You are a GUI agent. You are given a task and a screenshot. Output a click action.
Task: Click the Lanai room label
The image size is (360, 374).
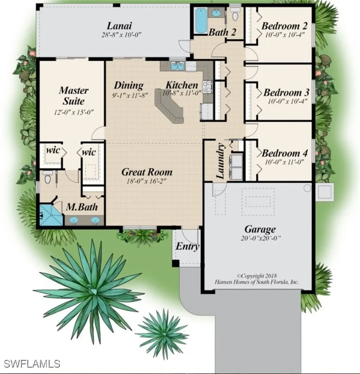click(119, 26)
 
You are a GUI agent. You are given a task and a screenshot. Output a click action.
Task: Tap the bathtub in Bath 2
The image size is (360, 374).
click(201, 21)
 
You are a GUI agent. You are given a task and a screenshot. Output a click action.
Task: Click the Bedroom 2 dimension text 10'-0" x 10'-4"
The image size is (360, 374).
click(285, 35)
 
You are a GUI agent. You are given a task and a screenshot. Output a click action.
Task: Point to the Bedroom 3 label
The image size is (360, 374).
click(286, 92)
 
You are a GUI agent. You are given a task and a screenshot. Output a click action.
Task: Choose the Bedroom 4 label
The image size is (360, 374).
click(285, 153)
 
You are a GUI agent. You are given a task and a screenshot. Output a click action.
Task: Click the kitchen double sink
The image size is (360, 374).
click(178, 66)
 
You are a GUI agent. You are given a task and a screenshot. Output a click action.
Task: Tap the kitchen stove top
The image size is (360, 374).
click(207, 87)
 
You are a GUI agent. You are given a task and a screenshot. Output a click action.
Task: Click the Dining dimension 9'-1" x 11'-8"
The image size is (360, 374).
click(130, 95)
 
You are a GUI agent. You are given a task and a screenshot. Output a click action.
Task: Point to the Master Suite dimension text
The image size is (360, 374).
click(73, 112)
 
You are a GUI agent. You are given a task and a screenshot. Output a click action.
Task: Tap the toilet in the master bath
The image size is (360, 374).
click(48, 177)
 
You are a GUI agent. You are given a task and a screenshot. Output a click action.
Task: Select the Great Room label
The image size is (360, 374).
click(147, 172)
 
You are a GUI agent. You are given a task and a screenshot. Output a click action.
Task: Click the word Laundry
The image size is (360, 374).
click(220, 161)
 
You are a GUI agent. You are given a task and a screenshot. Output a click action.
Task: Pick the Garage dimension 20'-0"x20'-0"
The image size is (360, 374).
click(261, 238)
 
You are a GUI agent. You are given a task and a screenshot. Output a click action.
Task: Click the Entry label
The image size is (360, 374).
click(187, 247)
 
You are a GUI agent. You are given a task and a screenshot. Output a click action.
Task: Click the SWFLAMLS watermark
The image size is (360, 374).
click(32, 364)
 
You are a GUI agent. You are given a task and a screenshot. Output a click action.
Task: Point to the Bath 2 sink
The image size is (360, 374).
click(216, 13)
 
